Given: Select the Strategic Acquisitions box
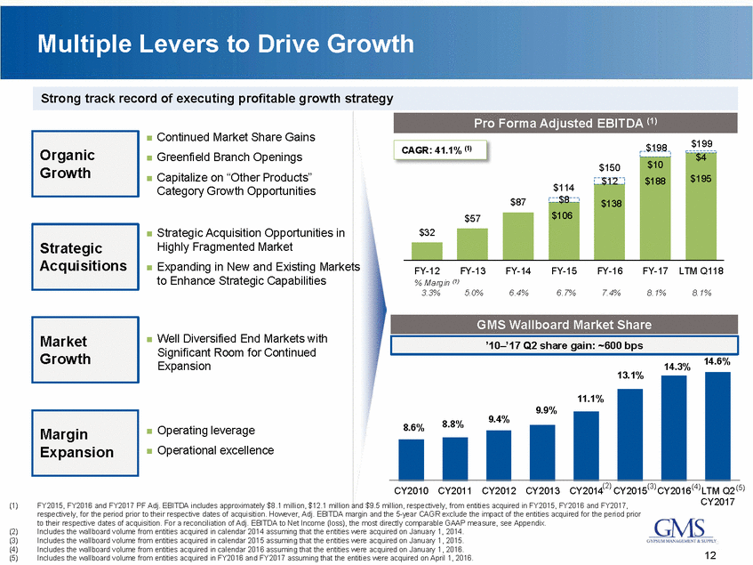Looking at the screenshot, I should pyautogui.click(x=81, y=256).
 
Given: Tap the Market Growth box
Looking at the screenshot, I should pyautogui.click(x=81, y=350).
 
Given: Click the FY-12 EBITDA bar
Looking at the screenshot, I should pyautogui.click(x=427, y=248).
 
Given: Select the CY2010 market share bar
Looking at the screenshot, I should pyautogui.click(x=411, y=458).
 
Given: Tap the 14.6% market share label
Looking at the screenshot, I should pyautogui.click(x=717, y=362).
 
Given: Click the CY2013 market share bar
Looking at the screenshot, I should pyautogui.click(x=542, y=450).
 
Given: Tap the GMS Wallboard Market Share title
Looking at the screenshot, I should pyautogui.click(x=565, y=324).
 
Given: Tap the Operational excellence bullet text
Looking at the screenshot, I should pyautogui.click(x=214, y=450).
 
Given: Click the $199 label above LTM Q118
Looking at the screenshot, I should pyautogui.click(x=701, y=142).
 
